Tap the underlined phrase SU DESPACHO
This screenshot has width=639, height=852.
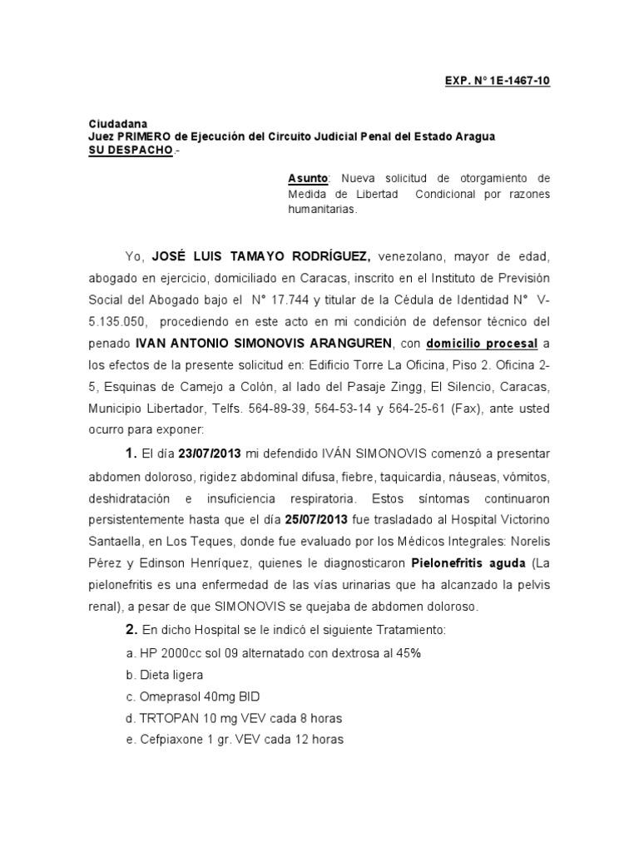pos(131,150)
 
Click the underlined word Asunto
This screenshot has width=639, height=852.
pos(309,178)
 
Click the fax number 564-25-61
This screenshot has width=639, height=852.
pos(424,409)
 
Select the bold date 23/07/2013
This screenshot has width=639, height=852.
pos(210,453)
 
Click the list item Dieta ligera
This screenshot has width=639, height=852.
pos(171,675)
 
